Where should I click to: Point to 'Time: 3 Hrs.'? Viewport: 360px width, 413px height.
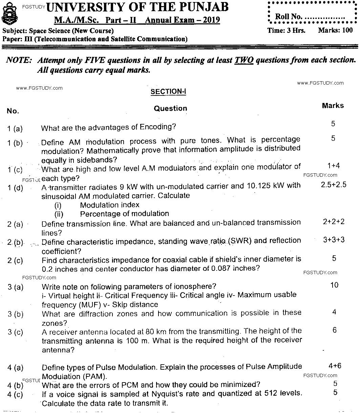[286, 30]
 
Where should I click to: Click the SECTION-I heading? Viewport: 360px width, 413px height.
[168, 92]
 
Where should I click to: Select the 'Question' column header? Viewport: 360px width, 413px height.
[170, 108]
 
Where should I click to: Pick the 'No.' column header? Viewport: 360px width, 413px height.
[13, 111]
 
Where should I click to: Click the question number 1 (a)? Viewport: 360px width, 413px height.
[15, 129]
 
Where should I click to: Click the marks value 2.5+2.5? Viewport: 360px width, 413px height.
[334, 185]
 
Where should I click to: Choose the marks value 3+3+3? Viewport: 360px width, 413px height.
[334, 240]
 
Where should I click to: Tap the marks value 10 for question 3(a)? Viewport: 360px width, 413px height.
[334, 285]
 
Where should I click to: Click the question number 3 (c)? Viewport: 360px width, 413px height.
[16, 332]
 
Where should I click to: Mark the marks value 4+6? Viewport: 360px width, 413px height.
[335, 366]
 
